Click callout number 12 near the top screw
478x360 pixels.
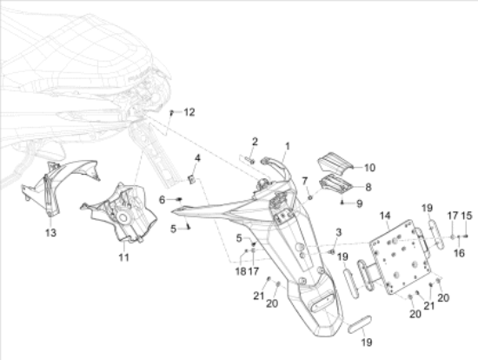tap(189, 112)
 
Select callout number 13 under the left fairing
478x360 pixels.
tap(51, 233)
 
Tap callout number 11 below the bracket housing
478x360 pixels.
tap(123, 257)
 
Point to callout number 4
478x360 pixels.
tap(197, 158)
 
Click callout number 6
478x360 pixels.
tap(162, 200)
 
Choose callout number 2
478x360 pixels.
tap(255, 142)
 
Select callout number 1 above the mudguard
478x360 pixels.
tap(287, 146)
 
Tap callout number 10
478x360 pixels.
tap(369, 168)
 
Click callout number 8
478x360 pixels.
tap(368, 187)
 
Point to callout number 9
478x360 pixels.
tap(360, 203)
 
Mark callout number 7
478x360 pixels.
tap(305, 181)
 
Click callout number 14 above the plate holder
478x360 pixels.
tap(385, 216)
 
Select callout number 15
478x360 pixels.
tap(467, 216)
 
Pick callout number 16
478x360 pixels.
tap(460, 253)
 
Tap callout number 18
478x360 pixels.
tap(241, 271)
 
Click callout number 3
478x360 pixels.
tap(339, 232)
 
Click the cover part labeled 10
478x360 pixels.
tap(335, 163)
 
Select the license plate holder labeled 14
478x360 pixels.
tap(400, 257)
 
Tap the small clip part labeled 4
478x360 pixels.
tap(191, 179)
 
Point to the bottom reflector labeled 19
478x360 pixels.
tap(360, 324)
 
